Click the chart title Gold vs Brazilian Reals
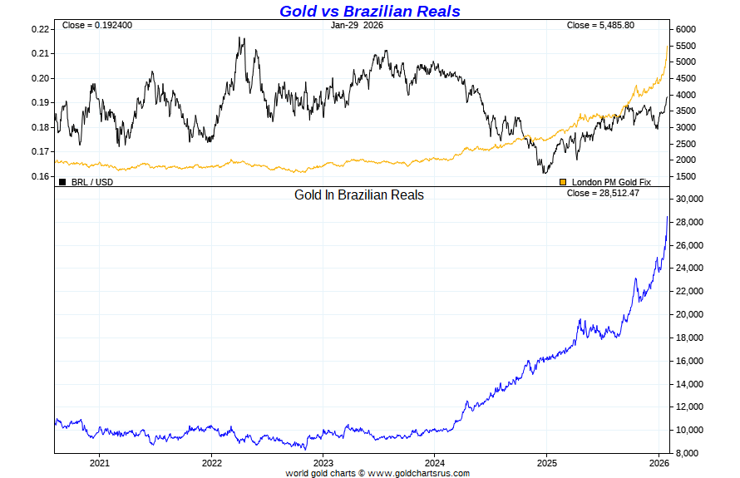[x=369, y=11]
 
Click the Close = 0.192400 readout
[x=96, y=25]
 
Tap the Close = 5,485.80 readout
[x=600, y=25]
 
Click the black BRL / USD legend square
[x=62, y=181]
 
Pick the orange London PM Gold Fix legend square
[x=563, y=181]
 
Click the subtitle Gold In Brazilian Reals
[x=359, y=195]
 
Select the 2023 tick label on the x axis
[x=323, y=462]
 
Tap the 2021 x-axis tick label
[x=99, y=462]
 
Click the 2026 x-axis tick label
[x=659, y=462]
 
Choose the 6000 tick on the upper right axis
[x=686, y=29]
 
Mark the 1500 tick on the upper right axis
[x=686, y=176]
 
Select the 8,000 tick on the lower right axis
[x=688, y=453]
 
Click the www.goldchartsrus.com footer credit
[x=418, y=473]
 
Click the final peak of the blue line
[x=667, y=217]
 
